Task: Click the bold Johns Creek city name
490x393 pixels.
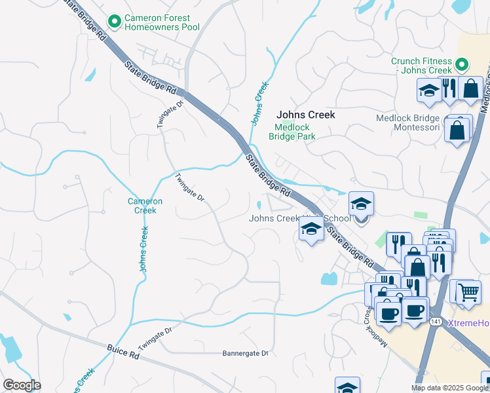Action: tap(305, 115)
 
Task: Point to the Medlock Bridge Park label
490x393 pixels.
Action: tap(292, 132)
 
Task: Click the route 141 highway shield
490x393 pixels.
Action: tap(436, 322)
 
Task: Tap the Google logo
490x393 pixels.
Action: tap(22, 385)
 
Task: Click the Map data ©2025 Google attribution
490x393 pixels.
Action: tap(449, 388)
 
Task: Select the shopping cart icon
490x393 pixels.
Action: tap(468, 291)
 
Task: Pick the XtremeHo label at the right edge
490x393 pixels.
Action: tap(469, 324)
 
